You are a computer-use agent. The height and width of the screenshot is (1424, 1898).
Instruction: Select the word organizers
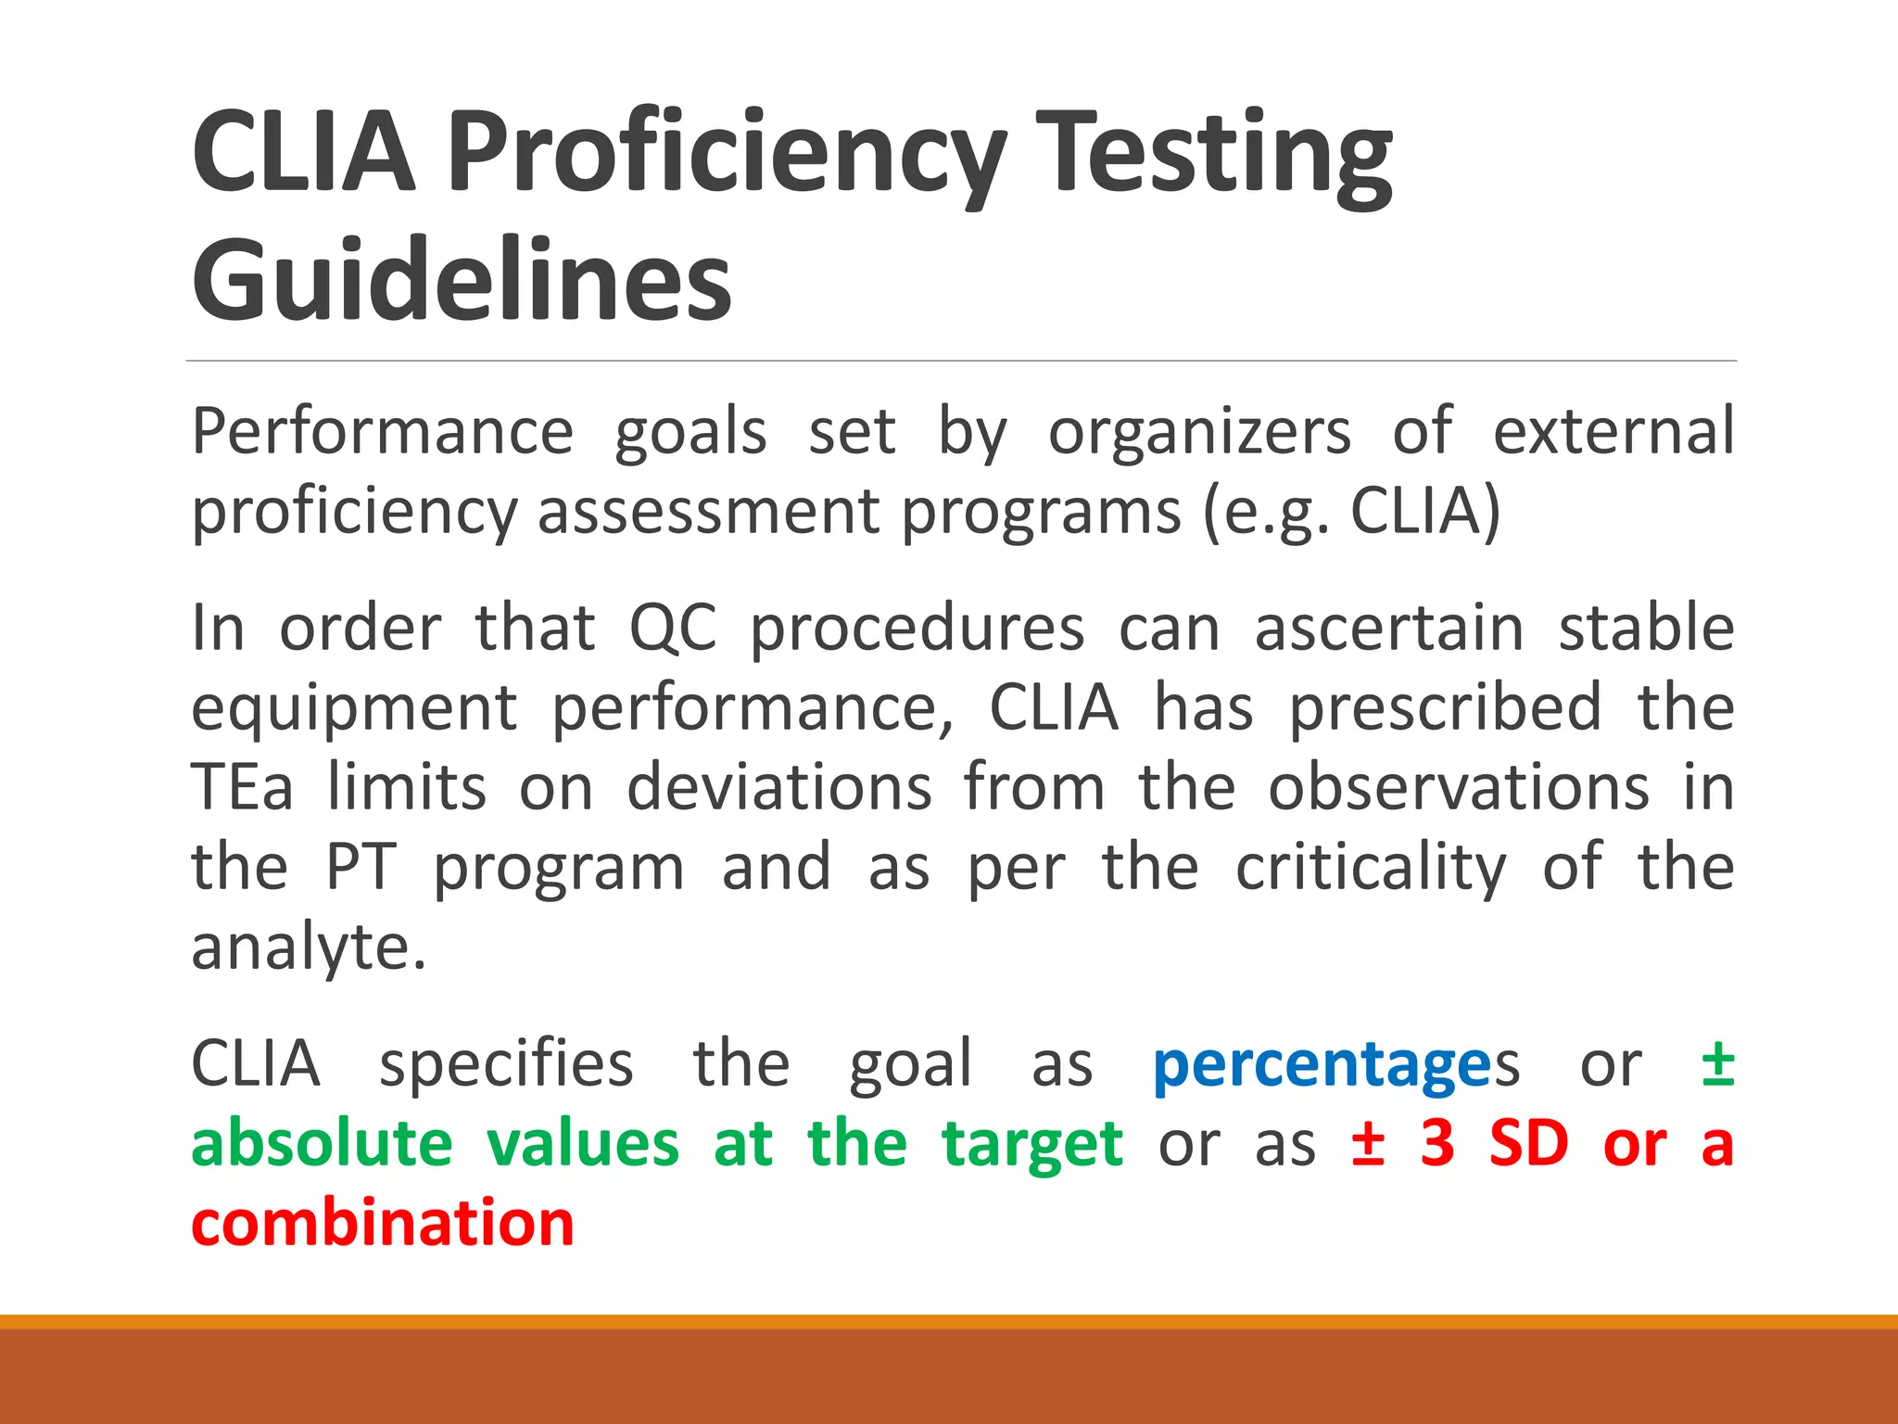pyautogui.click(x=1199, y=432)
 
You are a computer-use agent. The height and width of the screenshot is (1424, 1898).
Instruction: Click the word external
pyautogui.click(x=1613, y=432)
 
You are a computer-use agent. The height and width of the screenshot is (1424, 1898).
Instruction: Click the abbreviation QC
pyautogui.click(x=673, y=629)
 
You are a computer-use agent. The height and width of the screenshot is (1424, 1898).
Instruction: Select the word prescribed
pyautogui.click(x=1446, y=708)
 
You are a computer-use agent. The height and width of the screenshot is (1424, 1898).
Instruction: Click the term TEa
pyautogui.click(x=242, y=788)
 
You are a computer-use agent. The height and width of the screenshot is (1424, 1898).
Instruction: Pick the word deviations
pyautogui.click(x=779, y=788)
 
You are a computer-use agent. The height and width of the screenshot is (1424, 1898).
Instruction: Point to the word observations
pyautogui.click(x=1459, y=788)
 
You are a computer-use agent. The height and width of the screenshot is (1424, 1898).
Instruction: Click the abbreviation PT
pyautogui.click(x=361, y=868)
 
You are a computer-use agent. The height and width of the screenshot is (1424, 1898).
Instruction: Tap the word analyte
pyautogui.click(x=309, y=948)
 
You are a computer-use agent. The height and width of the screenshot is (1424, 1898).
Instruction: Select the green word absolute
pyautogui.click(x=322, y=1144)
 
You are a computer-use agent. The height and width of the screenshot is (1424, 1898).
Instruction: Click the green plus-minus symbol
pyautogui.click(x=1717, y=1064)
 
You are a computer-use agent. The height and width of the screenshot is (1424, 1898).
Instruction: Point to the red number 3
pyautogui.click(x=1437, y=1144)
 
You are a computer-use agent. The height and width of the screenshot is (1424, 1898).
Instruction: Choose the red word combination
pyautogui.click(x=383, y=1224)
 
